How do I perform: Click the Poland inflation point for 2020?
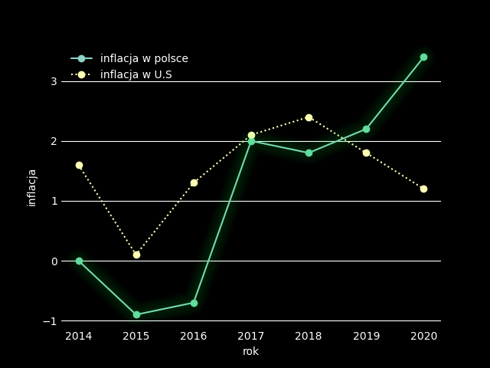[423, 57]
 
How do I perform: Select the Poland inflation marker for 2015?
[136, 314]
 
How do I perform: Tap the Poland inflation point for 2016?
[194, 303]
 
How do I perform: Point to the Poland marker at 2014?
[79, 261]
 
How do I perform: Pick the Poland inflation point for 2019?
[366, 129]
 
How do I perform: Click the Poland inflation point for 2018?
[309, 153]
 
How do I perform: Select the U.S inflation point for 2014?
[79, 165]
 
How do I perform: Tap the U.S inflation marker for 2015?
[136, 255]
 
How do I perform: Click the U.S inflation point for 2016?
[194, 182]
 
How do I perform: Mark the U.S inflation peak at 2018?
[309, 117]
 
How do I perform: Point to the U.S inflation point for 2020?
[423, 189]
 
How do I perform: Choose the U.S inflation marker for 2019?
[366, 153]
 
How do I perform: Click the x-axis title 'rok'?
[251, 352]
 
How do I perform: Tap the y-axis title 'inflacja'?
[32, 188]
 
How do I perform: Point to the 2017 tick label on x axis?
[251, 336]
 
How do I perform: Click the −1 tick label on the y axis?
[50, 321]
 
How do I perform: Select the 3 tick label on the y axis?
[54, 81]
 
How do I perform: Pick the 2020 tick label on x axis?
[423, 336]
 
